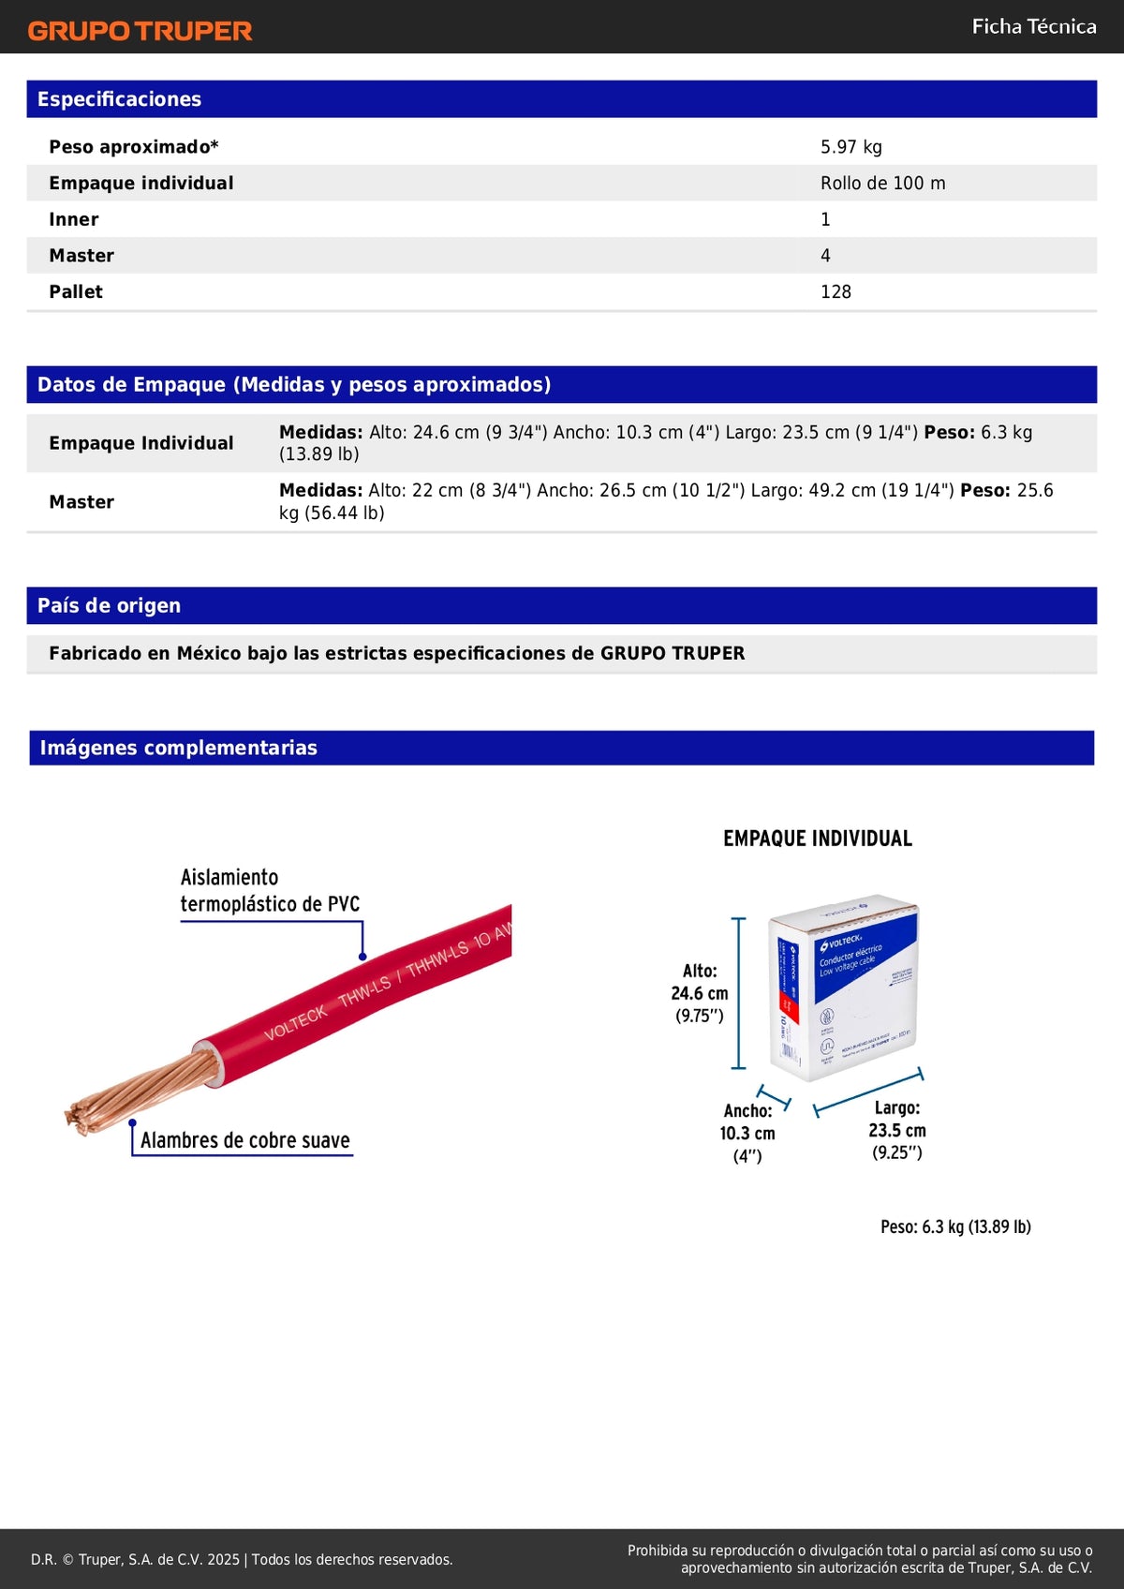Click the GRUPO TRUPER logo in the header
140,31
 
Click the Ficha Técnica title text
1033,26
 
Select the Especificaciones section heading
119,99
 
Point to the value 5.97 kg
850,147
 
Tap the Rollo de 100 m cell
882,184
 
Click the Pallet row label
76,292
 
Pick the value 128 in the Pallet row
836,292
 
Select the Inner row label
74,220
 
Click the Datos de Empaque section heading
293,385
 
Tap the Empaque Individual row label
141,443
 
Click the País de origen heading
109,606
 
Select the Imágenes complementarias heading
178,748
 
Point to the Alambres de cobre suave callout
244,1140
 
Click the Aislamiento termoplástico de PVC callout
270,890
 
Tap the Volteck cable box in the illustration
843,988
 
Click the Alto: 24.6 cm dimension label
700,993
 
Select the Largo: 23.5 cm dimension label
897,1130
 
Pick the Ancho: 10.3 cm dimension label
747,1133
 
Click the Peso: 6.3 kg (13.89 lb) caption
955,1226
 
